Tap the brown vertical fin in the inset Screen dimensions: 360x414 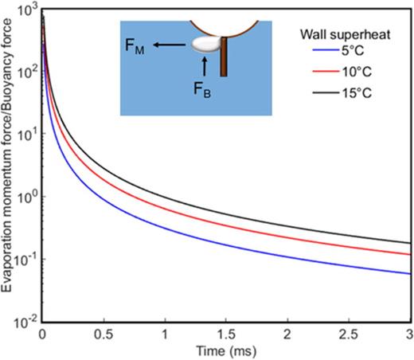[225, 56]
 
